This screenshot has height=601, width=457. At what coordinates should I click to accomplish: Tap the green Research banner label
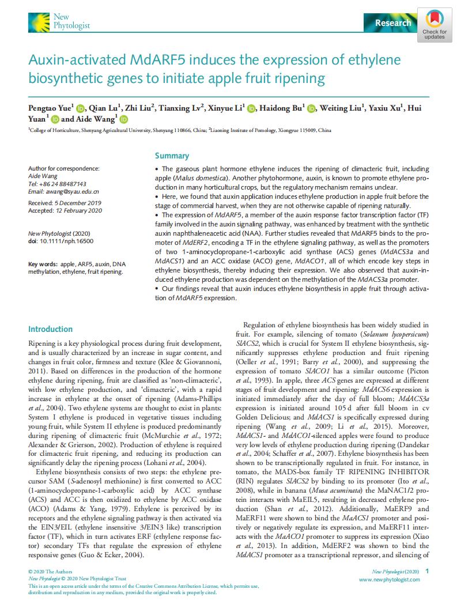click(x=393, y=23)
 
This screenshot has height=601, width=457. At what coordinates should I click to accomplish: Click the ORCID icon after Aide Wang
click(x=123, y=119)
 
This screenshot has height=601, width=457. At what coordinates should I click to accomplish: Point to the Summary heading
click(x=172, y=156)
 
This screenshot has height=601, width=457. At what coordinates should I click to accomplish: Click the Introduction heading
click(x=51, y=329)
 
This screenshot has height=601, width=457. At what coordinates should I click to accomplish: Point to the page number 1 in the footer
click(x=427, y=570)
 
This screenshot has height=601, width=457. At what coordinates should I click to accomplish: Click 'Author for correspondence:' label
click(x=64, y=168)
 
